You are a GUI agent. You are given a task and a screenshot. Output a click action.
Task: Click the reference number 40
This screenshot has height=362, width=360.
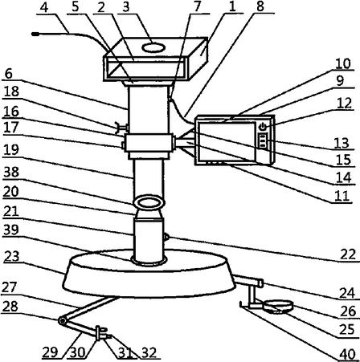coord(347,355)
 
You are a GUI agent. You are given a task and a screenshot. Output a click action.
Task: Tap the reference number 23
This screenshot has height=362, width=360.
coord(12,256)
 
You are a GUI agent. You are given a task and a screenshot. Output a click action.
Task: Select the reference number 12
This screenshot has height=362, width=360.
coord(344,103)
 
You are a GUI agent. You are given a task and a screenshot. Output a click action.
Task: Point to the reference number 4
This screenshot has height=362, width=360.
coord(44,8)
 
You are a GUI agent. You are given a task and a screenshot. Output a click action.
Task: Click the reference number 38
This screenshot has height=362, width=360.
coord(11,173)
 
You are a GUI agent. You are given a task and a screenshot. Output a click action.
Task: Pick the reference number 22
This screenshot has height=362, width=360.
coord(348,254)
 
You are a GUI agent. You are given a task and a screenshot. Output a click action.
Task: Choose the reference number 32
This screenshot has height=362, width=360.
coord(149,352)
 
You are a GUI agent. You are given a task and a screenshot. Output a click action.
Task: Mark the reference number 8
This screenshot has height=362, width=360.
coord(260,6)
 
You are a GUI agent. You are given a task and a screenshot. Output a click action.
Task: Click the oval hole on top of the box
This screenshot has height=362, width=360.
coord(153,48)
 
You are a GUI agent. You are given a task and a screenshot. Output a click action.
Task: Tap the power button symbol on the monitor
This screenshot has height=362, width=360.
coord(264,126)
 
